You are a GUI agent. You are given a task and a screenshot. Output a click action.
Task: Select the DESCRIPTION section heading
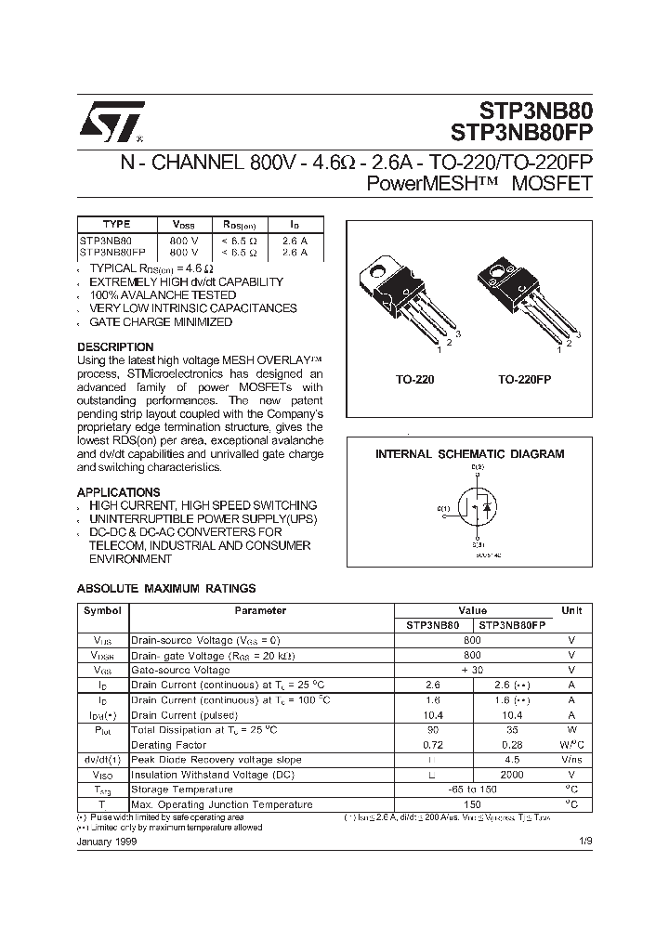click(114, 346)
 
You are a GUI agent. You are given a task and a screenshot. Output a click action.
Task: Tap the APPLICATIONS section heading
click(118, 492)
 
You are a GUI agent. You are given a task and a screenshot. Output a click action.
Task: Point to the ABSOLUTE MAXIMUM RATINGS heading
click(165, 588)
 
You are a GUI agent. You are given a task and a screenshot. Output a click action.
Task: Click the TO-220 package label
click(414, 380)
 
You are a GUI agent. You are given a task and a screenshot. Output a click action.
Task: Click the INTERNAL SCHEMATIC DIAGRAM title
click(469, 454)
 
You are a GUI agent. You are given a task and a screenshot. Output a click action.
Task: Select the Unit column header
click(571, 611)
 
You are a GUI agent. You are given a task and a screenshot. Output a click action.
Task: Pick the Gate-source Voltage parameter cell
click(180, 670)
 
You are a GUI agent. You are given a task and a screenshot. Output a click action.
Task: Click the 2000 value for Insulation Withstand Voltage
click(511, 774)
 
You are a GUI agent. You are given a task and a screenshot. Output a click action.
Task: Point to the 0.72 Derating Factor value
click(432, 745)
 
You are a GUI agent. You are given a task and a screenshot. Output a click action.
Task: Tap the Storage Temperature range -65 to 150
click(472, 789)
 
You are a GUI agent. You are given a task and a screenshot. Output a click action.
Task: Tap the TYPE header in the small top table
click(115, 224)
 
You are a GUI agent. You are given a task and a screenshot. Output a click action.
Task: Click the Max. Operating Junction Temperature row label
click(221, 804)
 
